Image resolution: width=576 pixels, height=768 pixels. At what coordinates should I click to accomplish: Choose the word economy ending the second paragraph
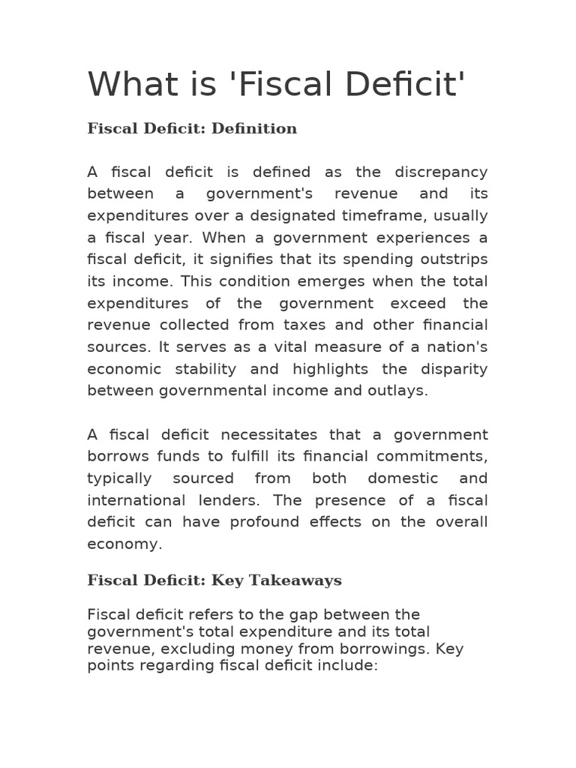click(x=124, y=544)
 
